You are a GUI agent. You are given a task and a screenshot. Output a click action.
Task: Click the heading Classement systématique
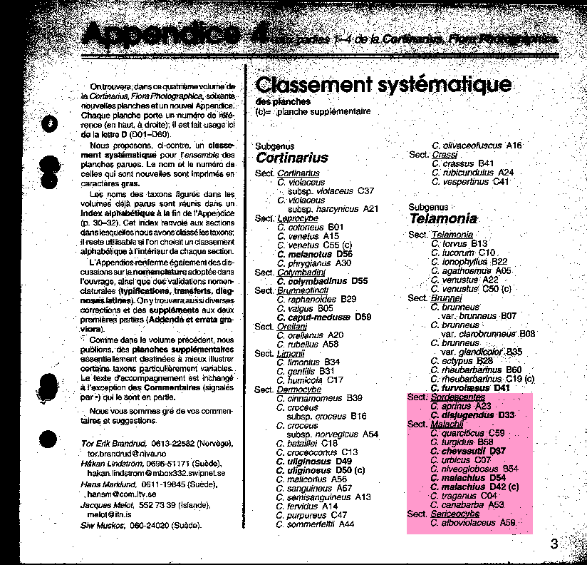click(x=383, y=85)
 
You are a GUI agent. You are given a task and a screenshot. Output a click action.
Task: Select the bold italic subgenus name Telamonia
click(x=442, y=219)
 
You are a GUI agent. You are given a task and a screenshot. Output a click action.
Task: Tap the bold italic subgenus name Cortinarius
click(x=291, y=158)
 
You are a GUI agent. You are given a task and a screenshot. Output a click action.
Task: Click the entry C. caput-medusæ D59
click(x=324, y=317)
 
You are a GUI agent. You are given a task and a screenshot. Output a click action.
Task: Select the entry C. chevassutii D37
click(x=468, y=451)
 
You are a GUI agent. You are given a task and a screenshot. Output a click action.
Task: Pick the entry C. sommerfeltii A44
click(x=315, y=524)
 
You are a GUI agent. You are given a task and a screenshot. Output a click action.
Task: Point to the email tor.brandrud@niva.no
click(x=126, y=453)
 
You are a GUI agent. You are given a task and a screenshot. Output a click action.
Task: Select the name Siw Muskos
click(x=103, y=526)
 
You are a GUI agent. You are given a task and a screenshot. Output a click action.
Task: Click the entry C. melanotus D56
click(x=314, y=254)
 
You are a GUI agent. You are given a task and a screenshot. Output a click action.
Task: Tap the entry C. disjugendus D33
click(x=472, y=414)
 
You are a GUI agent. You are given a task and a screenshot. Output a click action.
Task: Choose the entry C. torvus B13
click(x=459, y=243)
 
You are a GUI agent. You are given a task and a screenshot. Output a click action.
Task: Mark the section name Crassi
click(x=445, y=155)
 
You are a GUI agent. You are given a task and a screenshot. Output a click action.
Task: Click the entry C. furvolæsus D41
click(x=470, y=388)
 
